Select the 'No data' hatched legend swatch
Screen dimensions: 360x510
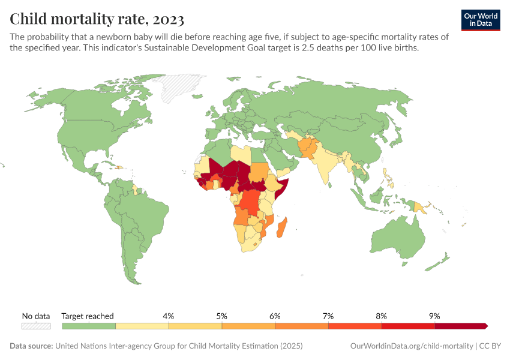(36, 326)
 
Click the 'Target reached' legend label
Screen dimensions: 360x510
(88, 316)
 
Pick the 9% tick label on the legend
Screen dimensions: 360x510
(434, 316)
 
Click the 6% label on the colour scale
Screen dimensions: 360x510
(275, 316)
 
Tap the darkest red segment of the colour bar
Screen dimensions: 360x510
(460, 326)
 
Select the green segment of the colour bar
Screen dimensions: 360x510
(89, 326)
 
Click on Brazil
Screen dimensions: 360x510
(150, 210)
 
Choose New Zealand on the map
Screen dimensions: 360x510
(445, 259)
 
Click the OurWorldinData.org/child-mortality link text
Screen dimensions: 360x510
(410, 346)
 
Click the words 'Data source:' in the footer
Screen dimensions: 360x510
(31, 346)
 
